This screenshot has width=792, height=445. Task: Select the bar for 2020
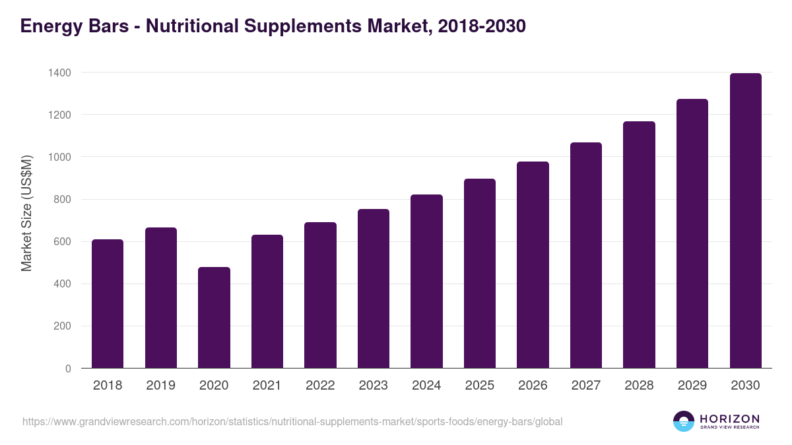click(x=214, y=318)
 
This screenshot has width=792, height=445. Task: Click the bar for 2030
click(x=745, y=221)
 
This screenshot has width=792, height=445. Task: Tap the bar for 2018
click(x=108, y=304)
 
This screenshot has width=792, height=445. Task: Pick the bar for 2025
click(x=480, y=274)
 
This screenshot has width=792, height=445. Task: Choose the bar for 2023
click(x=374, y=289)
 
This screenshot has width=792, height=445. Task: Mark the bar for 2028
click(x=639, y=245)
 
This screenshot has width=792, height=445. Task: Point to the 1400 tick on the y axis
click(x=59, y=73)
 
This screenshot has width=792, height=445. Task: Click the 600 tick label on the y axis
click(x=62, y=242)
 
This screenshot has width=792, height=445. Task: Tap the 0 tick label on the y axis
click(x=68, y=369)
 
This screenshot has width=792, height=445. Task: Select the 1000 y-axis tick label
click(x=59, y=157)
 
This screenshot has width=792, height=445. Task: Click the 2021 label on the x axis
click(x=267, y=386)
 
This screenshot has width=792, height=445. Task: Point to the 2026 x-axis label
click(x=533, y=386)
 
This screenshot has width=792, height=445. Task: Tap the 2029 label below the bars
click(x=692, y=386)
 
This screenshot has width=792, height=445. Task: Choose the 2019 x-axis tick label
click(x=161, y=386)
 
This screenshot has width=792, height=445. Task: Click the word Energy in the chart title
click(x=51, y=26)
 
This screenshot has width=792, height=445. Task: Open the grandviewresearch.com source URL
click(x=292, y=421)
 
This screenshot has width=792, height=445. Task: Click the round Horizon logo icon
click(x=684, y=421)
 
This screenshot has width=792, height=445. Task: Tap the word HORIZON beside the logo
click(x=729, y=419)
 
